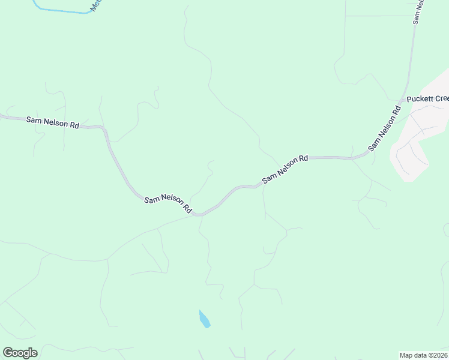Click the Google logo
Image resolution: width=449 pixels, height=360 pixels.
point(20,353)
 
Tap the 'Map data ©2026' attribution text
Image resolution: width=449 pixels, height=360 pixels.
point(424,355)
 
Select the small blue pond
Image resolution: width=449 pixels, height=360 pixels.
point(204,319)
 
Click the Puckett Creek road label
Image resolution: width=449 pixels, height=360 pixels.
point(427,99)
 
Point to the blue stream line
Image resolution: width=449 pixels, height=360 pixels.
point(60,10)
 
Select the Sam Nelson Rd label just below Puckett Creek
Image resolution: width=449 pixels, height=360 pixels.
point(385,128)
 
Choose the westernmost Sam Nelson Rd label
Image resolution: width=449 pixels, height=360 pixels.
point(53,122)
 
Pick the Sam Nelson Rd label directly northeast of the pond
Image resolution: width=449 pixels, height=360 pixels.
point(285,169)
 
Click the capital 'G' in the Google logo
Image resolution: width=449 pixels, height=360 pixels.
point(8,353)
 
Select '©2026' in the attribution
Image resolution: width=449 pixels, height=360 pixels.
point(438,355)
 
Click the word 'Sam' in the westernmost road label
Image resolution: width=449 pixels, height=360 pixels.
point(34,120)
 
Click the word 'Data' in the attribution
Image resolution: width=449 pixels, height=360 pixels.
point(420,355)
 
